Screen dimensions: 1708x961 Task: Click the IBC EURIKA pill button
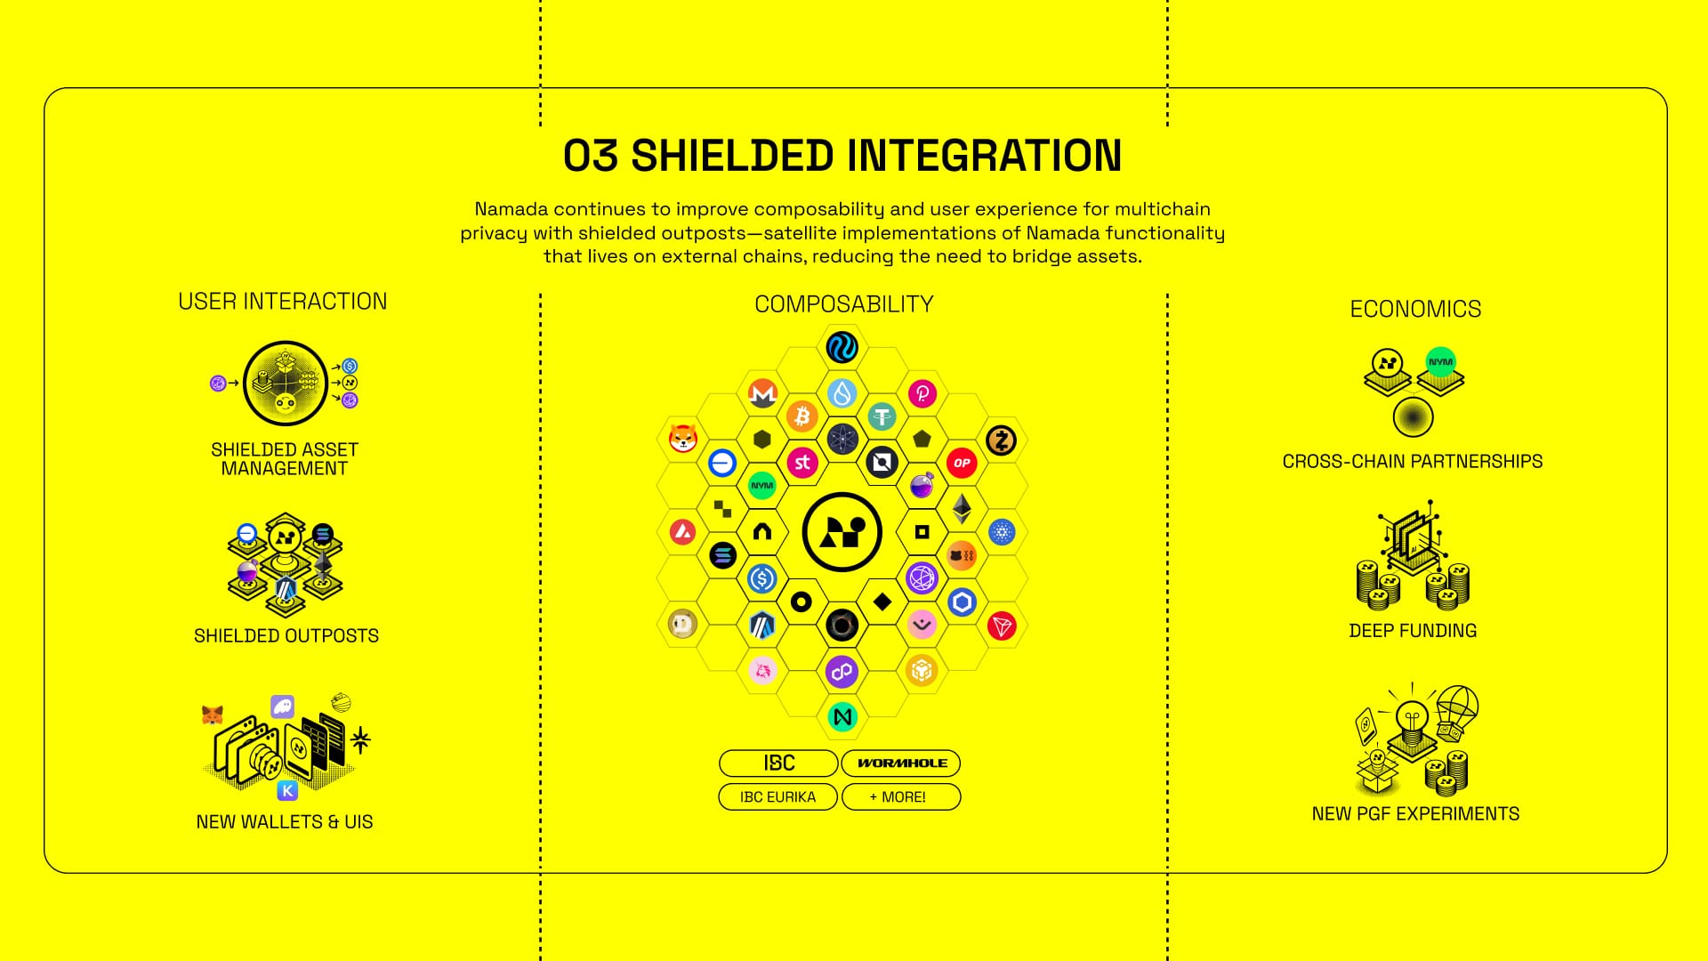(x=777, y=796)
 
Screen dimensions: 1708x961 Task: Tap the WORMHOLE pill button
(x=901, y=763)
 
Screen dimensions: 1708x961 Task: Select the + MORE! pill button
(x=901, y=796)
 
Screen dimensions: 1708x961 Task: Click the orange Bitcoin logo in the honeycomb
(x=802, y=416)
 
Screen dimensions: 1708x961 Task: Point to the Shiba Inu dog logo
(x=682, y=438)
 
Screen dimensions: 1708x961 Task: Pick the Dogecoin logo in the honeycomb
(x=682, y=624)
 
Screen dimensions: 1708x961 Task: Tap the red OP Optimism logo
(x=962, y=462)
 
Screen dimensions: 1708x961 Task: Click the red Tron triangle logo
(x=1002, y=626)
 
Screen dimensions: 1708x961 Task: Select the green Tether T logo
(x=882, y=416)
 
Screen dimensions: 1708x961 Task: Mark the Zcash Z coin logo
(x=1002, y=440)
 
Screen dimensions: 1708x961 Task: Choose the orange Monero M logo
(x=762, y=392)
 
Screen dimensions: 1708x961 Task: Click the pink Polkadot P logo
(x=922, y=392)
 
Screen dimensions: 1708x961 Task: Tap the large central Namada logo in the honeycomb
(x=842, y=532)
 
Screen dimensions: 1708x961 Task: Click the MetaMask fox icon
(x=212, y=715)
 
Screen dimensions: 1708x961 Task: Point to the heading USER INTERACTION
(x=283, y=302)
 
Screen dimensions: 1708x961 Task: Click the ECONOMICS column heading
(x=1415, y=309)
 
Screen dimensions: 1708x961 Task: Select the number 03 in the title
(x=591, y=156)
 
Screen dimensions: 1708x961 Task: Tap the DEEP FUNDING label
(x=1413, y=630)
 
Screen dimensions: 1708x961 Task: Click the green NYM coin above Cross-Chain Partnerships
(x=1440, y=361)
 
